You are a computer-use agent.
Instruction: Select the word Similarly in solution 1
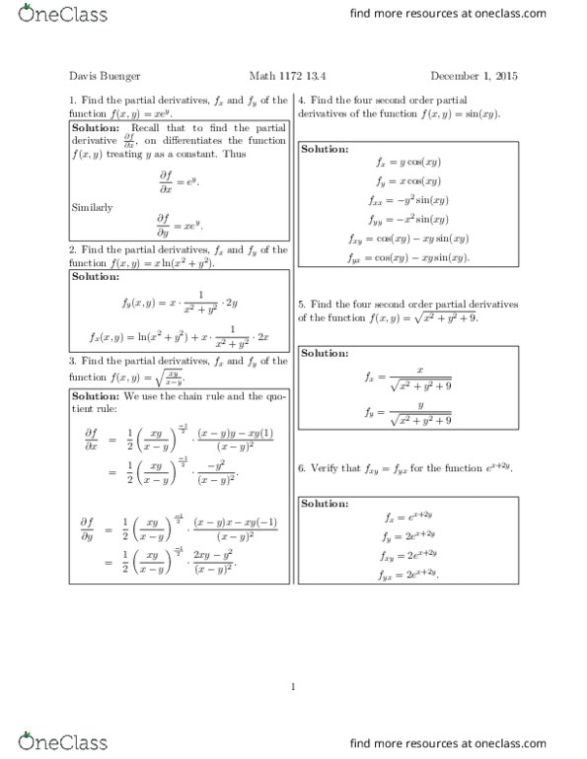click(93, 207)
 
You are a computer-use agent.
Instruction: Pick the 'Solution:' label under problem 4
click(325, 149)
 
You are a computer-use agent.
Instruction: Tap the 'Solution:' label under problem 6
click(325, 504)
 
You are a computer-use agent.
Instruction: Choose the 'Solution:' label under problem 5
click(325, 353)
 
